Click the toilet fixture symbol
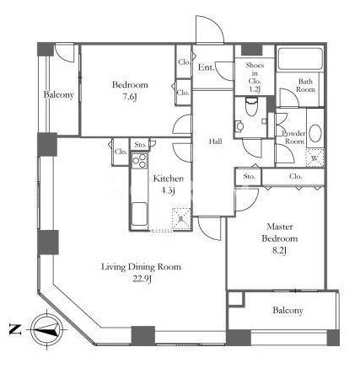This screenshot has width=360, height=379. pos(250,107)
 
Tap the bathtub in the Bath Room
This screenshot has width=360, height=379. pos(300,59)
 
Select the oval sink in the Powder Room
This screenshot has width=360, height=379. pos(315,133)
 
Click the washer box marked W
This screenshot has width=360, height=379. pos(314,158)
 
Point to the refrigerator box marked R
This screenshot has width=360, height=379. pos(181,219)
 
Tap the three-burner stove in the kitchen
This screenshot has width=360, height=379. pos(139,161)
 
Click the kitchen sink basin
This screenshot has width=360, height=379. pos(139,214)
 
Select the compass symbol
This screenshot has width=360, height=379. pos(46,329)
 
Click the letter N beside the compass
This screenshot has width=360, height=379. pos(15,329)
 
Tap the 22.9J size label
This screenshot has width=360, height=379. pos(142,279)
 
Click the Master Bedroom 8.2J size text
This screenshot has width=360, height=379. pos(279,251)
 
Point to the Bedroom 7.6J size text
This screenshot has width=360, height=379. pos(130,97)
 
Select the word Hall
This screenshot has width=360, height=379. pos(216,141)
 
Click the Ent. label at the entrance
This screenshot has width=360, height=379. pos(207,67)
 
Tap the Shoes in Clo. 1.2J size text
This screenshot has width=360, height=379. pos(255,89)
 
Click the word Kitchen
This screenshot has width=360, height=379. pos(169,179)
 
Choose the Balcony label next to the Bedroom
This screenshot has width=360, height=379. pos(58,95)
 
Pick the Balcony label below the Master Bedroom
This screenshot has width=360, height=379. pos(287,311)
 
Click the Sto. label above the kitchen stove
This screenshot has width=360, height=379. pos(140,145)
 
